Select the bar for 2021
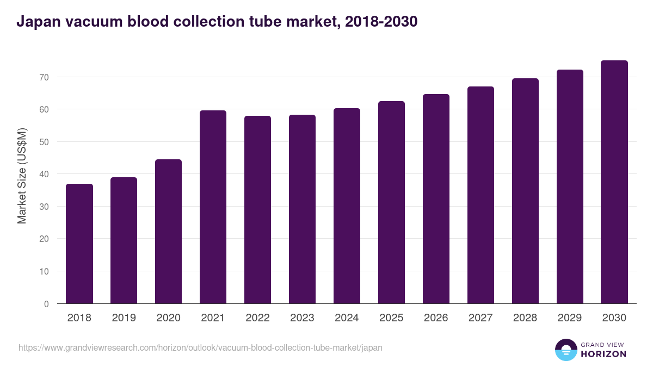tap(213, 207)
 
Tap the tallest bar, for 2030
tap(614, 182)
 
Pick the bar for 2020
tap(168, 232)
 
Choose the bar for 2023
tap(302, 209)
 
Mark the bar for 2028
tap(525, 191)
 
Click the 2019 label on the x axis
tap(124, 318)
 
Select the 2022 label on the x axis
tap(257, 318)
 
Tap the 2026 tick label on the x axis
tap(436, 318)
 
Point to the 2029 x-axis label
tap(570, 318)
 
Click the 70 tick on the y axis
tap(44, 77)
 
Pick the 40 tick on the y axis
tap(44, 175)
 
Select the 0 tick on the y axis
tap(46, 304)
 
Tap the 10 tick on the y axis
tap(44, 271)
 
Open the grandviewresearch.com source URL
tap(200, 347)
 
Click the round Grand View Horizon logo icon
tap(566, 350)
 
